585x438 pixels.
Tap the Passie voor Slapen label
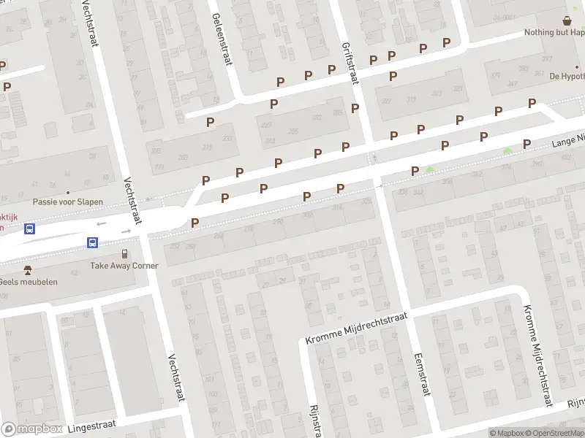[x=68, y=201]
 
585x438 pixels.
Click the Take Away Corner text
[x=124, y=266]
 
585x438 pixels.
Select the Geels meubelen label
[x=28, y=282]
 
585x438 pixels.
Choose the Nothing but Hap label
[x=554, y=33]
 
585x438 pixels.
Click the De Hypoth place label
[x=567, y=76]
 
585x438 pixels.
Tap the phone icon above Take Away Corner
[x=124, y=253]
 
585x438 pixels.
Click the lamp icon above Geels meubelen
[x=28, y=269]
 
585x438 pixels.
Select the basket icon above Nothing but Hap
[x=567, y=20]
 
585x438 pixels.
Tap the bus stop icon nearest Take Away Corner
[x=93, y=242]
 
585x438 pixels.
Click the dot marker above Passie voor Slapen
[x=68, y=174]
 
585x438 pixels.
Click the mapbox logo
[x=32, y=429]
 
